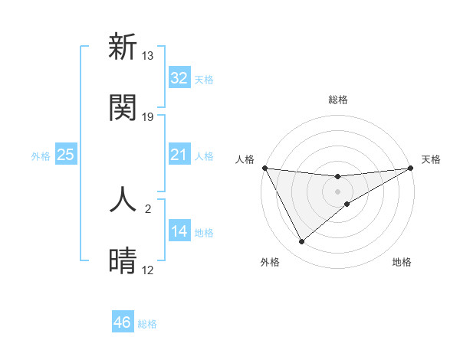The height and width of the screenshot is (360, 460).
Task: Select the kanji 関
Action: (x=123, y=107)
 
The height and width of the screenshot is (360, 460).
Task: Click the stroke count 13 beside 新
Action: (x=148, y=56)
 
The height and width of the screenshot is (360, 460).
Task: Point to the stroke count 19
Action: (x=148, y=117)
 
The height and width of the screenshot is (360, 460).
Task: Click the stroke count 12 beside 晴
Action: (x=148, y=270)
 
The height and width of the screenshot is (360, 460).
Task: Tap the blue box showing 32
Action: (x=179, y=78)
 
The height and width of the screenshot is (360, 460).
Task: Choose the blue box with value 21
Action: (x=179, y=155)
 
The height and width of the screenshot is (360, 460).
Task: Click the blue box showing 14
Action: (x=179, y=231)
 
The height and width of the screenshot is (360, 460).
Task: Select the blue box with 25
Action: (x=66, y=155)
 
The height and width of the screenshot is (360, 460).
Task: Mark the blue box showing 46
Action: (x=123, y=322)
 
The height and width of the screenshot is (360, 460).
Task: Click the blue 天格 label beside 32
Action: (x=204, y=79)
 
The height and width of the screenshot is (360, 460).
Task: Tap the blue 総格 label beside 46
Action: (x=147, y=324)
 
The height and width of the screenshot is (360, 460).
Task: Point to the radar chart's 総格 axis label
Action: (x=338, y=100)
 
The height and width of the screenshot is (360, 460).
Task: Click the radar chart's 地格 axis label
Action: (x=402, y=262)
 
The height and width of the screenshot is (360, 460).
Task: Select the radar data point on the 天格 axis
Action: (x=411, y=168)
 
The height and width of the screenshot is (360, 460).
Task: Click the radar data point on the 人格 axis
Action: (x=264, y=168)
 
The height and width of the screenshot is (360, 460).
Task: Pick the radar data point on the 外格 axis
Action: (x=301, y=242)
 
